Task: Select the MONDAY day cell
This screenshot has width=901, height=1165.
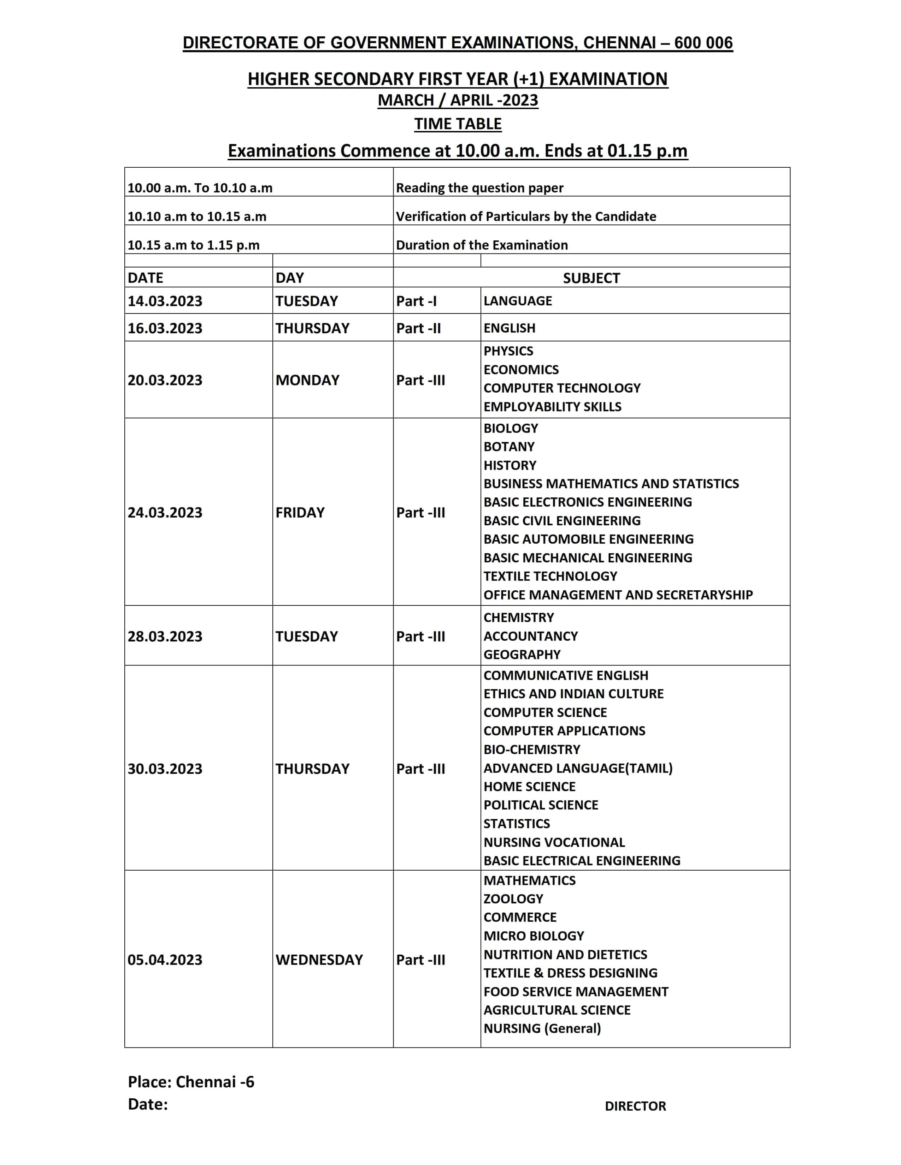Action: coord(307,380)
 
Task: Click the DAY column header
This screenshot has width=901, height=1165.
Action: coord(290,277)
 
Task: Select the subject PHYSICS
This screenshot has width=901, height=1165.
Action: coord(508,351)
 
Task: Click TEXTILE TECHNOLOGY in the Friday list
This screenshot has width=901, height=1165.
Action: coord(550,576)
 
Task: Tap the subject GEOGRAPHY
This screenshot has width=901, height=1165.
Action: coord(522,655)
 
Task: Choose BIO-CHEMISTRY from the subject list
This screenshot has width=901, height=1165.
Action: coord(532,749)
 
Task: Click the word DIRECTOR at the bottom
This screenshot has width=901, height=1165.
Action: coord(635,1106)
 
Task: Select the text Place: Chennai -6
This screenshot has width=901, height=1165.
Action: coord(191,1082)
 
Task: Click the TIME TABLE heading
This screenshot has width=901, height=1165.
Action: coord(458,124)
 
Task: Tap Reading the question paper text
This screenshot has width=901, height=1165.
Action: coord(479,188)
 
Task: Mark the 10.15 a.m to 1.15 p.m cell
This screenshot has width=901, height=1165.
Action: coord(193,245)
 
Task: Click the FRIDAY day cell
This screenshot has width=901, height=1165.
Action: coord(300,512)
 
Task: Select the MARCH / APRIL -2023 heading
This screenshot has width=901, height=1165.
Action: coord(458,100)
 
